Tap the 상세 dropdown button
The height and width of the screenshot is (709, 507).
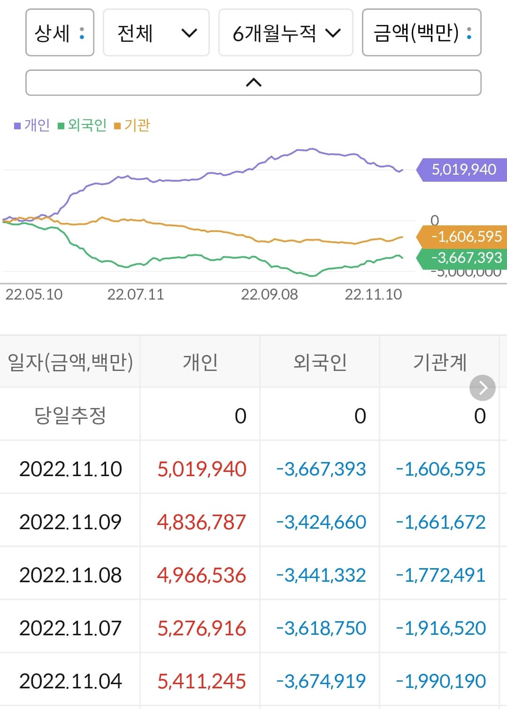pos(60,33)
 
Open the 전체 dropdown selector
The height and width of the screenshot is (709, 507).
pos(156,33)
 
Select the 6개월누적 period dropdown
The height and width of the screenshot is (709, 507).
pos(285,33)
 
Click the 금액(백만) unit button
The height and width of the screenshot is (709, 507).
pos(421,33)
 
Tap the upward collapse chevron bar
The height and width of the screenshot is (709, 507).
pos(253,83)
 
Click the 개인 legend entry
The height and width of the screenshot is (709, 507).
pos(32,125)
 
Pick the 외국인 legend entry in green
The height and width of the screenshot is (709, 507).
pos(83,125)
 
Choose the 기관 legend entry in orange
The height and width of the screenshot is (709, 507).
pos(132,125)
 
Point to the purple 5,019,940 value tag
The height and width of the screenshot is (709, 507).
pos(463,170)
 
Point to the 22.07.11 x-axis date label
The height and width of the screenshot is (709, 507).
pos(135,294)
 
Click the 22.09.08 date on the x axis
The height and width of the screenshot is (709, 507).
pos(269,294)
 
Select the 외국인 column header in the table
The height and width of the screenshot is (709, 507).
pos(320,362)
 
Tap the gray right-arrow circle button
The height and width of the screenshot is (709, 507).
pos(482,388)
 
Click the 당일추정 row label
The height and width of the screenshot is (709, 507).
pos(70,415)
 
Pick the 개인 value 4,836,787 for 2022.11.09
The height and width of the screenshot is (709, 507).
pos(201,522)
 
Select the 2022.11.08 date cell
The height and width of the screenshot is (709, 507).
pos(70,575)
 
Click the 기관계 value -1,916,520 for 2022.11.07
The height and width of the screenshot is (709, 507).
pos(441,628)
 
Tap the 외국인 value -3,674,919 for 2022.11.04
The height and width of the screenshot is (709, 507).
pos(321,681)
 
